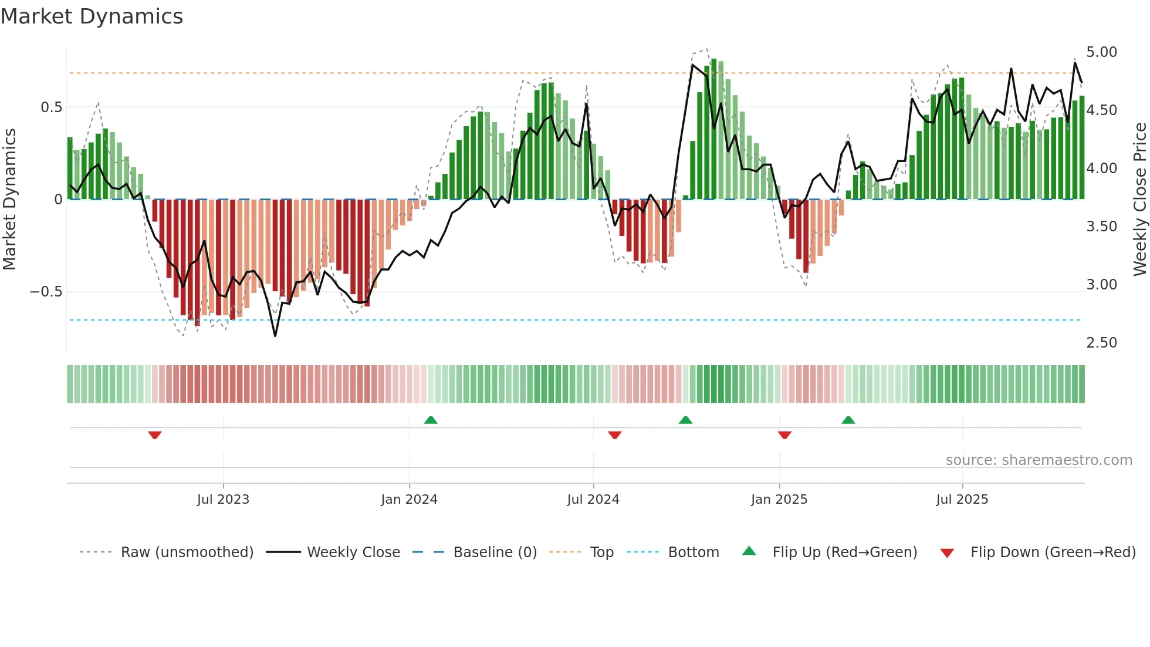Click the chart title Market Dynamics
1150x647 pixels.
click(92, 16)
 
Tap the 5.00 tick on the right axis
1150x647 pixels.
click(1101, 52)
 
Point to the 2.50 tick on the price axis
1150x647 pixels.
click(1101, 343)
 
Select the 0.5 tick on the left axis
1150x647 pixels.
click(51, 107)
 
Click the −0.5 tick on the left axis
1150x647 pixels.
click(46, 292)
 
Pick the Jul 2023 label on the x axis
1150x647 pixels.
click(223, 500)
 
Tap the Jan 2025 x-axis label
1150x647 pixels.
click(779, 500)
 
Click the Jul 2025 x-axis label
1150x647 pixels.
click(962, 500)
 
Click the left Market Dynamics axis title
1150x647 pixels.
click(10, 200)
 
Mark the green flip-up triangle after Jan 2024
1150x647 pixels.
click(431, 420)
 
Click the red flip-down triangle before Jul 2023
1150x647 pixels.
click(155, 435)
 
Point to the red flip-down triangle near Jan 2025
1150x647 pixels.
click(784, 435)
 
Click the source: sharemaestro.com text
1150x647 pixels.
click(1039, 460)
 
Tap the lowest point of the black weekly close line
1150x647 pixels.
click(275, 336)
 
